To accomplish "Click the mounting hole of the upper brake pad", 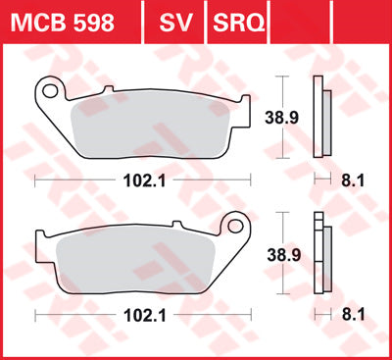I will coord(48,92).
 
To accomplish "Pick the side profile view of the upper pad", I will coord(318,118).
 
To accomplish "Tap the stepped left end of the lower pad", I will coord(39,245).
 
